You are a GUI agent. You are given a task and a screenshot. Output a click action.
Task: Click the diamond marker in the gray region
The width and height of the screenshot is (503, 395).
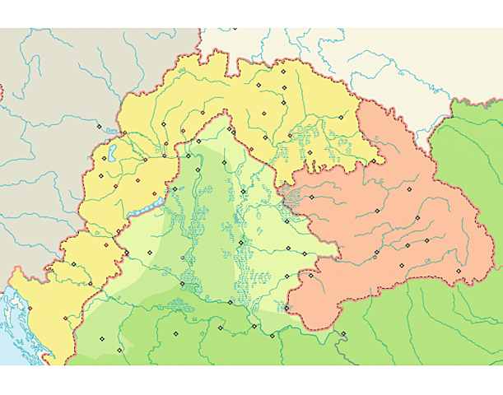point(100,127)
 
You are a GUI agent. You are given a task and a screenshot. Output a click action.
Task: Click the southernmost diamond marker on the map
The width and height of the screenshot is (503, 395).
point(119,351)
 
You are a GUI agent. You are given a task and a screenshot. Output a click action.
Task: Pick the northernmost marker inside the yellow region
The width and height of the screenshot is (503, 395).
point(282,72)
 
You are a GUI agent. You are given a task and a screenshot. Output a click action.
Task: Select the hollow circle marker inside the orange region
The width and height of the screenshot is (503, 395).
point(375,257)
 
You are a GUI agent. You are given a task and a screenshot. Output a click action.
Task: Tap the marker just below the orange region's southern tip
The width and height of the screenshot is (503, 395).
point(343,333)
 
